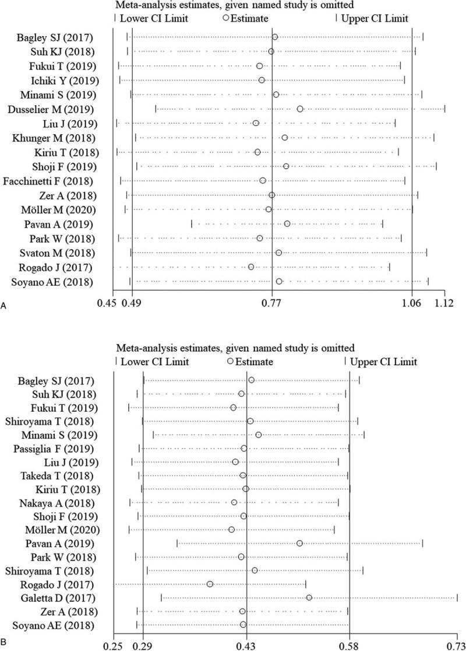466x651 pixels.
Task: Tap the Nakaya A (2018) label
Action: coord(65,502)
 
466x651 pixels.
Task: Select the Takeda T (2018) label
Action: coord(66,475)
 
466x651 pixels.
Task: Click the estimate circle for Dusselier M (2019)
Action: coord(300,109)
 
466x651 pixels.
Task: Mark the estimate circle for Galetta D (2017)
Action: coord(309,597)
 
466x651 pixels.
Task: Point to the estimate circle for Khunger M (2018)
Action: coord(284,138)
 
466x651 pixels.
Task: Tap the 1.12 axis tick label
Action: coord(444,303)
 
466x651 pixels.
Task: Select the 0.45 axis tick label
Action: coord(108,303)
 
